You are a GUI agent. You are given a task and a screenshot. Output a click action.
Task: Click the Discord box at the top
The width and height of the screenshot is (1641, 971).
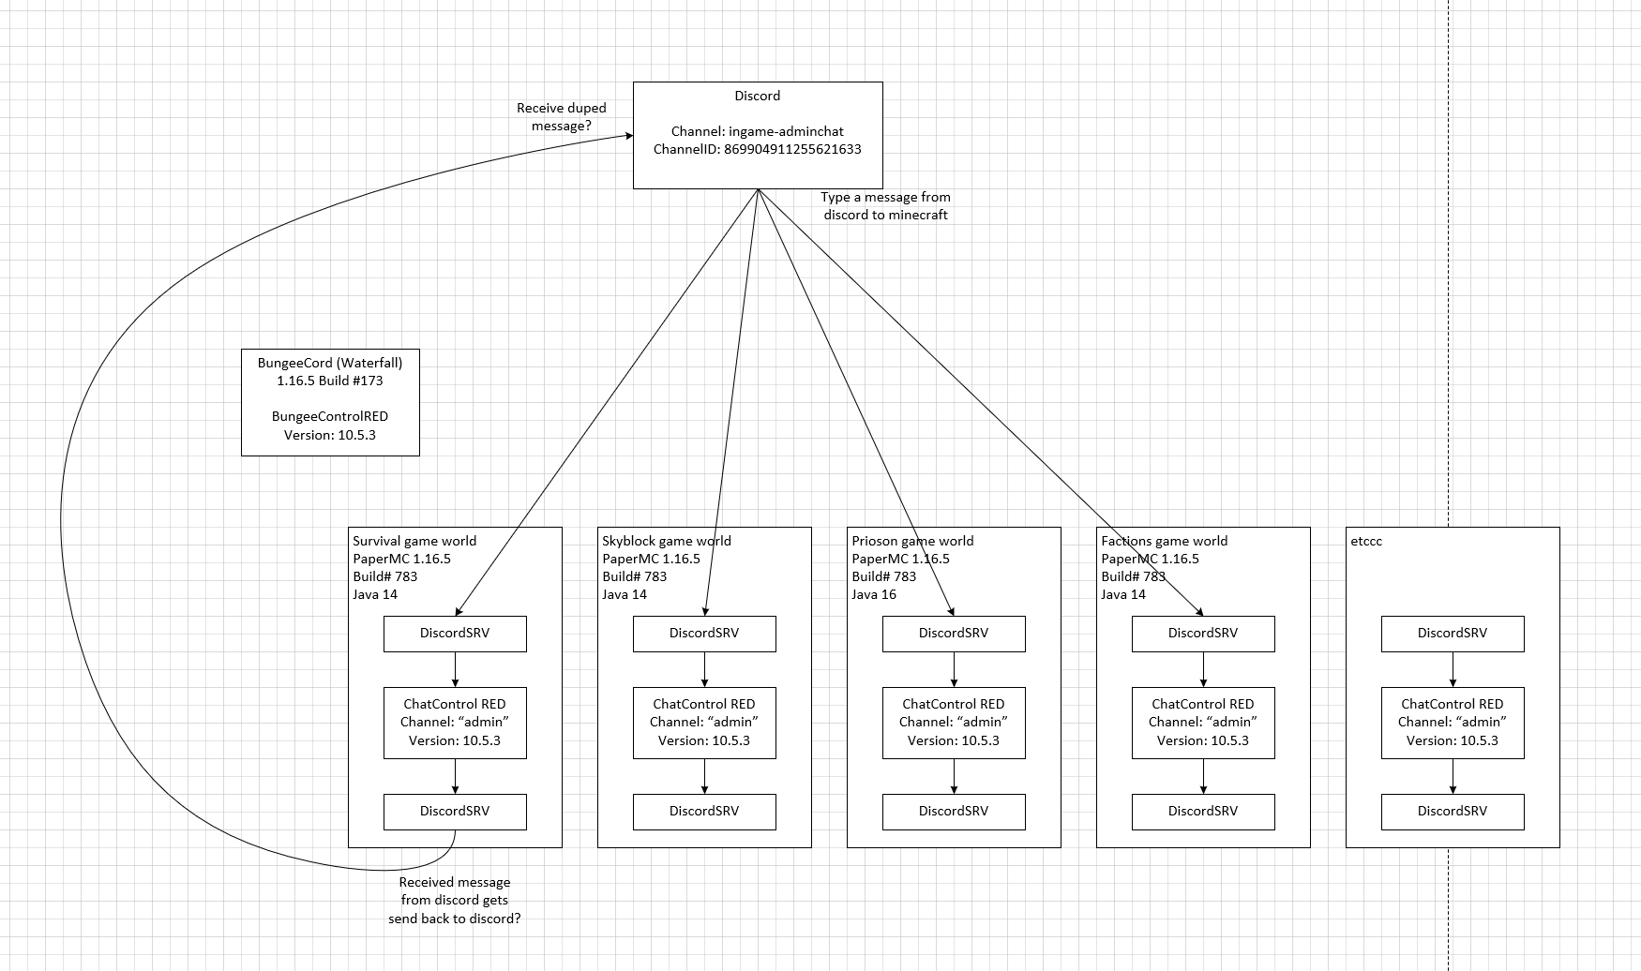point(757,135)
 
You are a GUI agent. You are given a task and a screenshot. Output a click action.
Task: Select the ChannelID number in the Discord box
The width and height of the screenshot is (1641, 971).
point(792,149)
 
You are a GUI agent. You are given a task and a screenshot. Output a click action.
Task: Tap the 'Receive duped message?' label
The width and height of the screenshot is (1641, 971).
point(561,117)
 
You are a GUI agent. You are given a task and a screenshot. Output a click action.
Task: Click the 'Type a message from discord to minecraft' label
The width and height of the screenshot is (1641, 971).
point(885,206)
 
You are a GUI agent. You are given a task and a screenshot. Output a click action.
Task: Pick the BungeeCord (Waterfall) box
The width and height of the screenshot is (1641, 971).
point(330,402)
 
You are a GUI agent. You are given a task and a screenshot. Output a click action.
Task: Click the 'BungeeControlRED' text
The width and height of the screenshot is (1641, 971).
point(330,416)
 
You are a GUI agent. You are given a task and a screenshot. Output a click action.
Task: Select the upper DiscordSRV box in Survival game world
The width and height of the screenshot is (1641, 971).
point(455,634)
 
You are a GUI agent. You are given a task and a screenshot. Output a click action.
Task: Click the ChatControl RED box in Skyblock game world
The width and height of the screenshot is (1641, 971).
point(704,723)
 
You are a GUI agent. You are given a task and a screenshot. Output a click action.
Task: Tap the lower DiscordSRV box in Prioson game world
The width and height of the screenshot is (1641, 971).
point(954,812)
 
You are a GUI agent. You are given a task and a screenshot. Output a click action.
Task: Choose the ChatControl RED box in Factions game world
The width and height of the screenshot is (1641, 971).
point(1203,723)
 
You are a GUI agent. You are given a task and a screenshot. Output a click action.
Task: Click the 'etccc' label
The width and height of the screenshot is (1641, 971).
point(1366,541)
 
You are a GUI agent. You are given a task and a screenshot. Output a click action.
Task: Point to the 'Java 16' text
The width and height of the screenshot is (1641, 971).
point(874,594)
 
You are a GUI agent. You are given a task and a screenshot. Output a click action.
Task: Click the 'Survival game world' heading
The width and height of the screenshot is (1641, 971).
point(414,541)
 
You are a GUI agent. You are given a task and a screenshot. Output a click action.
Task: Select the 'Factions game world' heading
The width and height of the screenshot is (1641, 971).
point(1164,541)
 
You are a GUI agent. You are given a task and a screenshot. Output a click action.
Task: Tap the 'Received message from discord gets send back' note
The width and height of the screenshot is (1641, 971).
point(455,900)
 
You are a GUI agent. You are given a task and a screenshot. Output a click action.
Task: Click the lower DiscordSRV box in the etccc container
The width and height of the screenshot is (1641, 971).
point(1453,812)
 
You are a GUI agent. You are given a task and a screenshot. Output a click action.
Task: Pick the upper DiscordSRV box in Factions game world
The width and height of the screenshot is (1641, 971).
point(1203,634)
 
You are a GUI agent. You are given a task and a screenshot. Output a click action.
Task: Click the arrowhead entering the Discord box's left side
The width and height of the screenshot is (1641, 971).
point(627,137)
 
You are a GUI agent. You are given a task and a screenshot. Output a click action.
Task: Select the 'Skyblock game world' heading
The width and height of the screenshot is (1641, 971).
point(666,541)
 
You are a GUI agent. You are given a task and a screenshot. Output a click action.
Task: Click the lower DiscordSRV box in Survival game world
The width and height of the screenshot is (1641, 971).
point(455,812)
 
